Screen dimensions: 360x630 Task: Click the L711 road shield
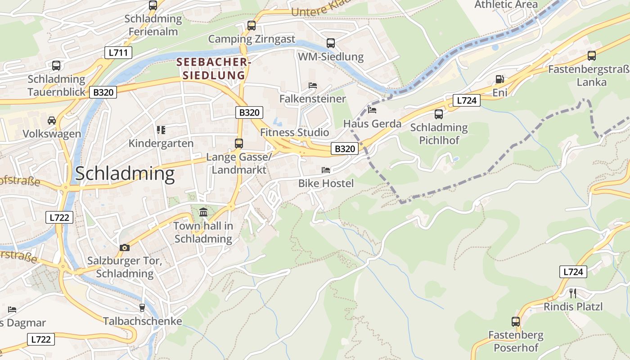point(118,52)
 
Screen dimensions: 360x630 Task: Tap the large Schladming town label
point(125,174)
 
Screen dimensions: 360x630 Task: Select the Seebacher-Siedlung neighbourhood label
point(214,68)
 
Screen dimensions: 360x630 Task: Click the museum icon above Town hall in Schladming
point(203,212)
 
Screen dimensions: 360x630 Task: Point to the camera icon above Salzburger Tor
point(125,247)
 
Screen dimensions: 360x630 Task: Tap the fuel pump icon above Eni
point(499,79)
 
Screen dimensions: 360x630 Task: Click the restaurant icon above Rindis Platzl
point(573,293)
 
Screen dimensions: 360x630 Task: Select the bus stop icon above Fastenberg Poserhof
point(516,322)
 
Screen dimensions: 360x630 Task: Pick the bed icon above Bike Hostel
point(326,170)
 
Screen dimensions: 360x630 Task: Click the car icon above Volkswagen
point(52,120)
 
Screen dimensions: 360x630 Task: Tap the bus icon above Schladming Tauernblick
point(56,65)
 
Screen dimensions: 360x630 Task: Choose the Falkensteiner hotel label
point(312,99)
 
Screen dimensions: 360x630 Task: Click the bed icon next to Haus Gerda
point(372,110)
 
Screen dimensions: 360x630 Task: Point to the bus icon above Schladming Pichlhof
point(439,114)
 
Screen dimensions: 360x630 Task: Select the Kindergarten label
point(161,144)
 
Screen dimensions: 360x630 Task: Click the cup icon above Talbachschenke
point(142,307)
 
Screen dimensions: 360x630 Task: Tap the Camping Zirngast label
point(252,39)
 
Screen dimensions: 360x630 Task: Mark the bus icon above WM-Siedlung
point(331,43)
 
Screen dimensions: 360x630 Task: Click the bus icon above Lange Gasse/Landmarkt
point(239,144)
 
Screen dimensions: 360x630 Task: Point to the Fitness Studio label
point(295,132)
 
